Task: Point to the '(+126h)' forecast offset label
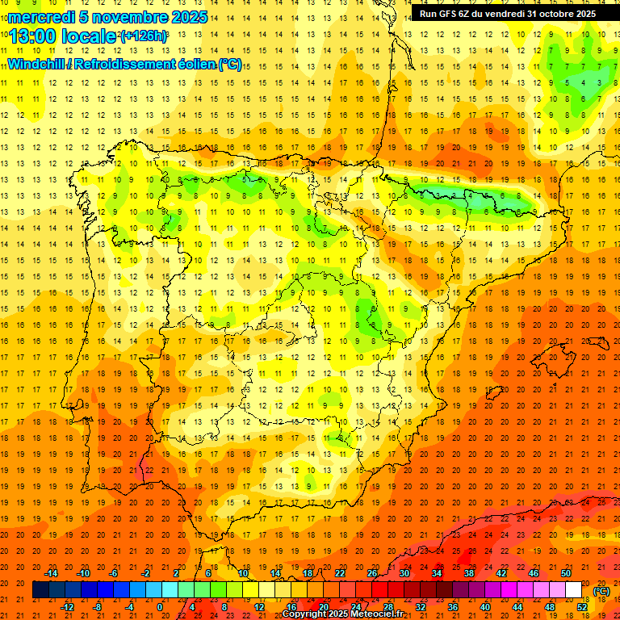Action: pos(144,36)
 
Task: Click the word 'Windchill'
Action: pos(36,64)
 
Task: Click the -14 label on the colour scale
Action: pos(51,573)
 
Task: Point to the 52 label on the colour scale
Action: pos(582,607)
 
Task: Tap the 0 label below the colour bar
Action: pos(161,607)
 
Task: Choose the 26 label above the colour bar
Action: pos(372,573)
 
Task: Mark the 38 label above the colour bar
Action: pos(469,573)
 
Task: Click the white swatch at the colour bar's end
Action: pos(574,590)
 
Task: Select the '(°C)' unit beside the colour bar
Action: pos(601,591)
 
